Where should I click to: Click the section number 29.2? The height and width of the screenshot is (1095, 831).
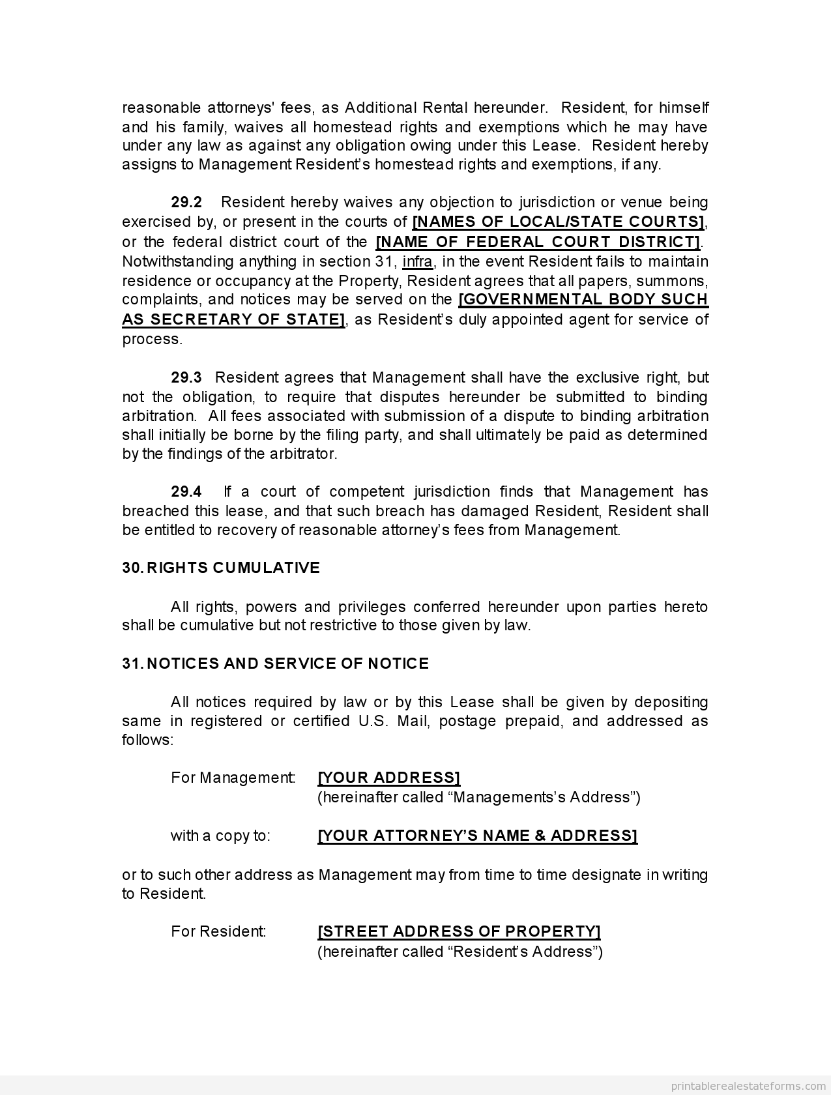tap(186, 203)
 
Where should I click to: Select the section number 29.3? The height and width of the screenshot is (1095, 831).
tap(186, 377)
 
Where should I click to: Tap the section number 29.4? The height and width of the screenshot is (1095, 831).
tap(186, 491)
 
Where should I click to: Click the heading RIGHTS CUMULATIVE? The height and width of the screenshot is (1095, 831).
tap(233, 568)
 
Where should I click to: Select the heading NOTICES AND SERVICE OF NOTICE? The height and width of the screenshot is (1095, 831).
tap(287, 664)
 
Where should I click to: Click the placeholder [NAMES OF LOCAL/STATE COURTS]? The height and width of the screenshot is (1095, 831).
tap(559, 222)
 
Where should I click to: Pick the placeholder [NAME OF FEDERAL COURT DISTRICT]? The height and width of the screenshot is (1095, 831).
tap(538, 242)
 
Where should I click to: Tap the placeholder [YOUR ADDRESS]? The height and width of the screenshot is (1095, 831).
tap(389, 778)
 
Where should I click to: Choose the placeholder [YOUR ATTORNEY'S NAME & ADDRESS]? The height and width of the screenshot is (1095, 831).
tap(477, 836)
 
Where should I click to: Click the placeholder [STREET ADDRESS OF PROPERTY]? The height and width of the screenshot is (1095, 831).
tap(459, 931)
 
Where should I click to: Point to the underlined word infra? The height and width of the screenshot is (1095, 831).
tap(417, 261)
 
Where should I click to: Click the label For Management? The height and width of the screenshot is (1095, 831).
tap(233, 778)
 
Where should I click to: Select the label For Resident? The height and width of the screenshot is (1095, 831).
tap(218, 931)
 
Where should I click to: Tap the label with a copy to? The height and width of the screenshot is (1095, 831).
tap(220, 836)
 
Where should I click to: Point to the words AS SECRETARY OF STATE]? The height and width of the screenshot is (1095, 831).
tap(233, 319)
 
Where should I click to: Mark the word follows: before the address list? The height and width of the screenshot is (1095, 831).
tap(148, 740)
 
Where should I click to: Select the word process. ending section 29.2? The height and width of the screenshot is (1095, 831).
tap(153, 339)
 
